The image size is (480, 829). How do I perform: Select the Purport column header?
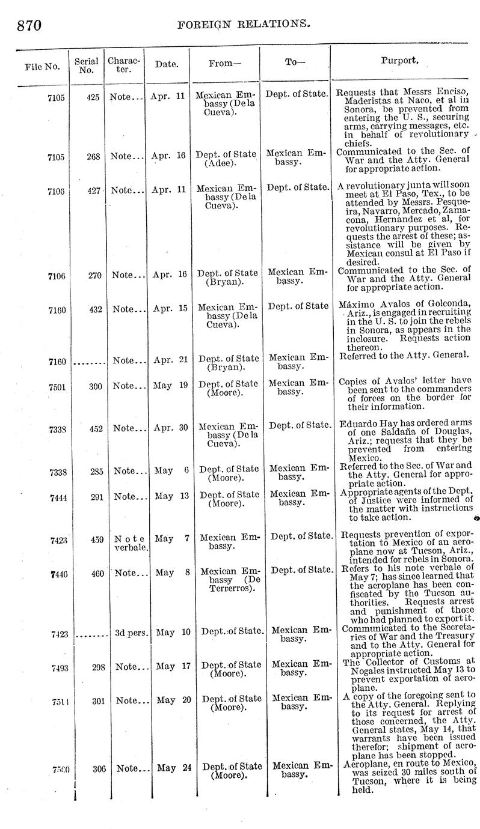[x=400, y=61]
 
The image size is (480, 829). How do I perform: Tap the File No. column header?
[x=42, y=65]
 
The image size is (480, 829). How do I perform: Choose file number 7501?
[x=58, y=387]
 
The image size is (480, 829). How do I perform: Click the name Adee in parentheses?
[x=220, y=163]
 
